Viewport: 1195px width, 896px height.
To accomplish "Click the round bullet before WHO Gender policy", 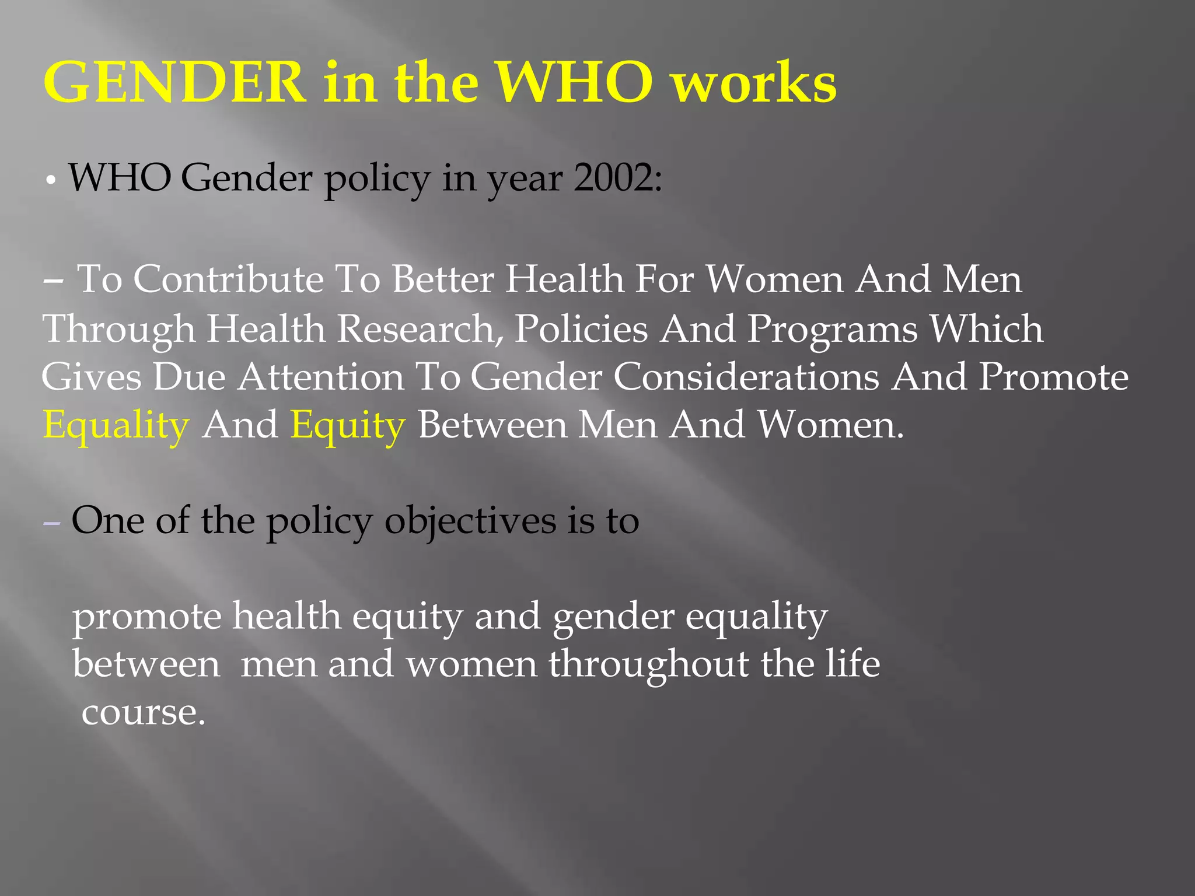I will click(51, 181).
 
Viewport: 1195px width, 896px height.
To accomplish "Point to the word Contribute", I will click(228, 279).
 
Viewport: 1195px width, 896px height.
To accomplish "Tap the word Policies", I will click(581, 328).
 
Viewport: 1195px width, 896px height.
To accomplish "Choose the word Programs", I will click(833, 330).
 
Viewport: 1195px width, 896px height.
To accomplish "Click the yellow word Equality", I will click(116, 425).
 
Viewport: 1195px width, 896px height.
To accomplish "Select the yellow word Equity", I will click(348, 425).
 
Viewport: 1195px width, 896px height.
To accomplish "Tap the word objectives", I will click(470, 521).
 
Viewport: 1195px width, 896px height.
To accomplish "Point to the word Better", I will click(443, 279).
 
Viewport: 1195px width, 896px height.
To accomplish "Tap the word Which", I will click(986, 328).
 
